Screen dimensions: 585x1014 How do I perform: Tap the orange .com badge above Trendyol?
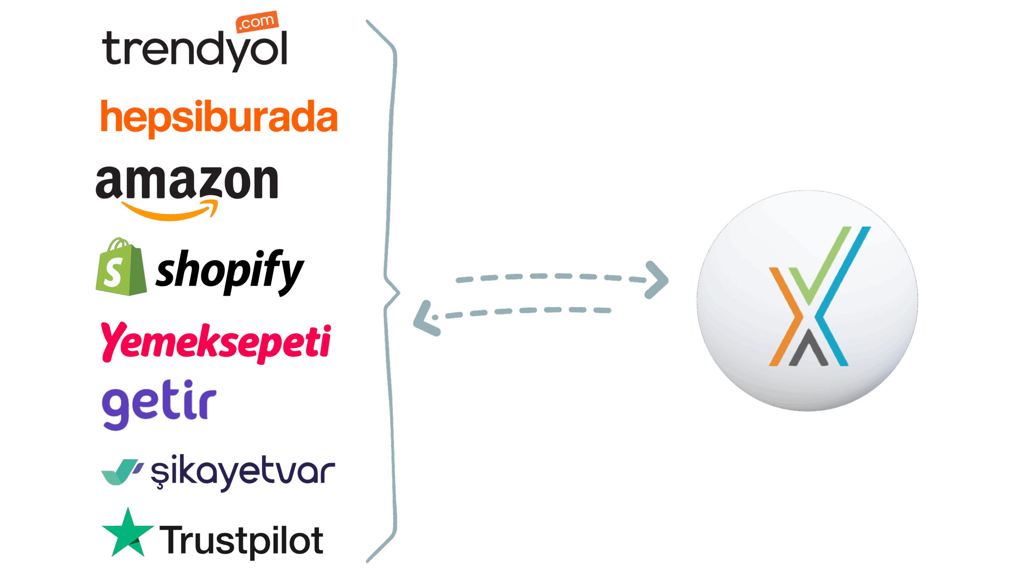tap(257, 21)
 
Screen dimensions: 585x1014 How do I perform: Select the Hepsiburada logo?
tap(219, 117)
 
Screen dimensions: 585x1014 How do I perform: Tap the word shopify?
tap(229, 271)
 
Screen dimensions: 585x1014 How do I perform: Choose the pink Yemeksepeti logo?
tap(216, 342)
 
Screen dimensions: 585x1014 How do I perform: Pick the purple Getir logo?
tap(159, 405)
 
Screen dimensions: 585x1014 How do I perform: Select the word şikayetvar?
tap(242, 473)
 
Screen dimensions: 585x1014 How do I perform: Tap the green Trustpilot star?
tap(128, 534)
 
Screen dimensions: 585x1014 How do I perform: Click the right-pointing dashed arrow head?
tap(658, 280)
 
